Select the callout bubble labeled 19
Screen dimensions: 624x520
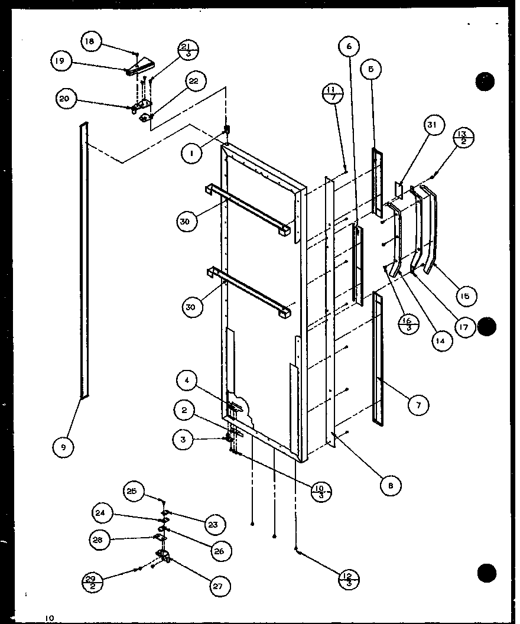pos(61,61)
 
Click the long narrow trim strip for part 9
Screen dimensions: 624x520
pos(83,260)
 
